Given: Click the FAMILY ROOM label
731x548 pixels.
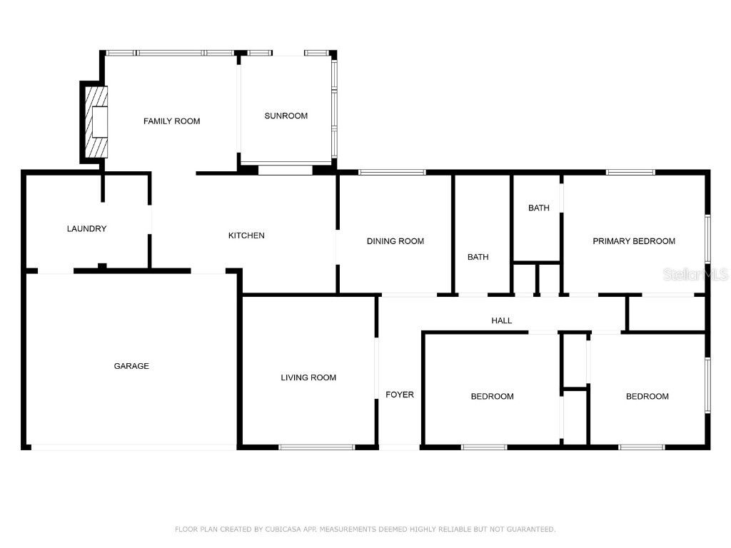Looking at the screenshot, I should pos(171,121).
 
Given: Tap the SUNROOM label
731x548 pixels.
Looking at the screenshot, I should pos(286,116).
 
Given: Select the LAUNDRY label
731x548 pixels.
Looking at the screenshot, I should pos(86,229).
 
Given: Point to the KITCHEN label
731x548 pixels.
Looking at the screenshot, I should pos(246,235).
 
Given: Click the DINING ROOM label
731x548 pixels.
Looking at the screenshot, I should pos(395,241).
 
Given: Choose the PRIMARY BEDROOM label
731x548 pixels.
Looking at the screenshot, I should pos(633,241).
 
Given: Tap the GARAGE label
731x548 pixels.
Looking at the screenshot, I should pos(131,366).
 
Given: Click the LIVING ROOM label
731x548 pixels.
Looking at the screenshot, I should pos(308,377).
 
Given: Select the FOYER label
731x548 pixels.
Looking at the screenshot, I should pos(399,395).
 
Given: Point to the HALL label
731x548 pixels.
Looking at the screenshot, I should pos(501,320).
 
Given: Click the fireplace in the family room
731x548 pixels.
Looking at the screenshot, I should pos(96,122).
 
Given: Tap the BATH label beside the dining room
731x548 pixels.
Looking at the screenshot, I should pos(478,257).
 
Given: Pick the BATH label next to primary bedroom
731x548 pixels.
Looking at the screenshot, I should pos(538,208).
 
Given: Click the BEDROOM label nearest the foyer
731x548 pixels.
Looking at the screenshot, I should pos(492,397).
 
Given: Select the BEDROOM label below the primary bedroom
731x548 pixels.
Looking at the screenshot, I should pos(647,397).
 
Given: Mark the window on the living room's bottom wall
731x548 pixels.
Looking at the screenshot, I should pos(316,447).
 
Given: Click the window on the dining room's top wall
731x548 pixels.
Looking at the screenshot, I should pos(391,172).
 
